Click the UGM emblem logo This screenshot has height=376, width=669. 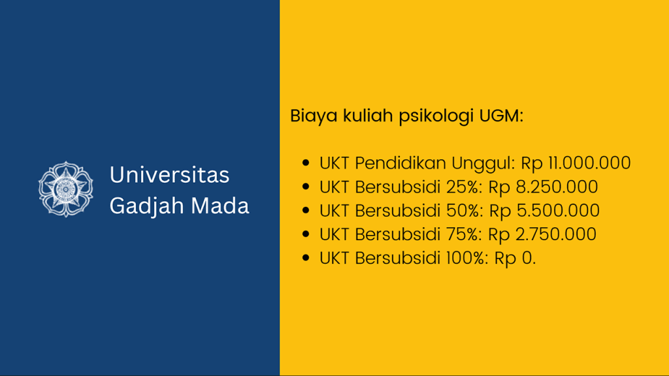click(66, 189)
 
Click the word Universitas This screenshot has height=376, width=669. click(169, 175)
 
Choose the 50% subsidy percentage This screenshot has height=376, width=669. click(466, 210)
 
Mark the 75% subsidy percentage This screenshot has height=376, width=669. click(465, 234)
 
